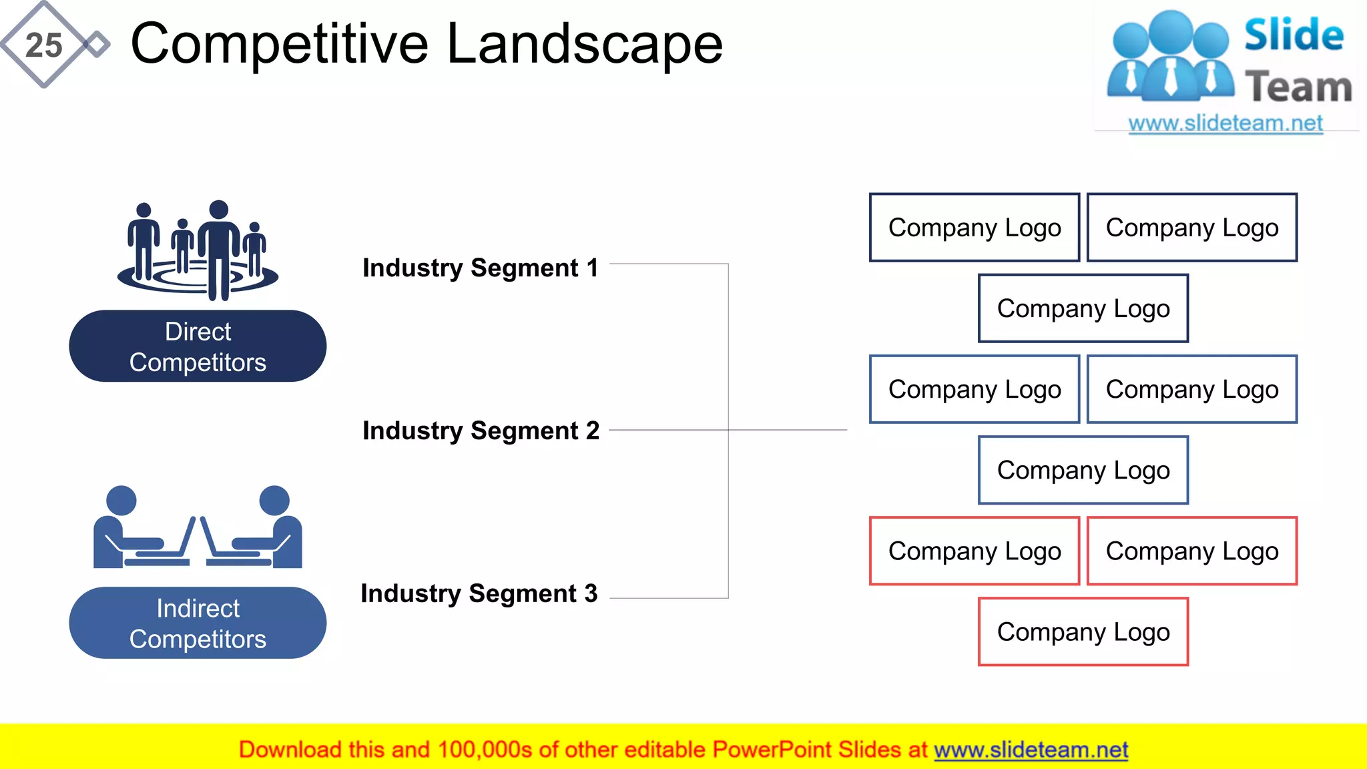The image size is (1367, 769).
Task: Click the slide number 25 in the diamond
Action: pos(43,45)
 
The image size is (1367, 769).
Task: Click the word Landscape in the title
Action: pos(584,44)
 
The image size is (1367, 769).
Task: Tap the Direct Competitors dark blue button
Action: pos(198,346)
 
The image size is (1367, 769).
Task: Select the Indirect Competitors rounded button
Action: pos(198,623)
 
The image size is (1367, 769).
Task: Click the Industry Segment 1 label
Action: pos(480,268)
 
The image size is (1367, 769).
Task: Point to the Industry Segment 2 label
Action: pos(481,431)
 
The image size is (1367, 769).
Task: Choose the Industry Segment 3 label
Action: pos(479,593)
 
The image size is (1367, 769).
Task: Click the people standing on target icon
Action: pos(198,250)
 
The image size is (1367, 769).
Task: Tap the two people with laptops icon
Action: pos(198,527)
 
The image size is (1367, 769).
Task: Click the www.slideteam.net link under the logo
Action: pos(1225,123)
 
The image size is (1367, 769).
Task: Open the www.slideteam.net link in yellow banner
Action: pos(1031,750)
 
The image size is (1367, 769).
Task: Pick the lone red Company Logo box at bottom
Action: pos(1083,632)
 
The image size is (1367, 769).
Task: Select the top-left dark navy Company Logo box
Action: pos(975,228)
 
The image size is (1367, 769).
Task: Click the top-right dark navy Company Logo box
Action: pos(1192,228)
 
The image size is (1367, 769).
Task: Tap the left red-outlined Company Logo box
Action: pos(975,551)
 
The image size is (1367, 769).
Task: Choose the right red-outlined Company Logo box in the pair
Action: pos(1192,551)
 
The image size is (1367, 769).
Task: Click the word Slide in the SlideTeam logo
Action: pos(1294,35)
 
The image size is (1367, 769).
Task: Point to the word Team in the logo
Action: pos(1298,87)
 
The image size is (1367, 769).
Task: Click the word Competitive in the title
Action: pos(279,44)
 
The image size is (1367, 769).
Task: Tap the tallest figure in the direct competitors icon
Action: pos(218,250)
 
